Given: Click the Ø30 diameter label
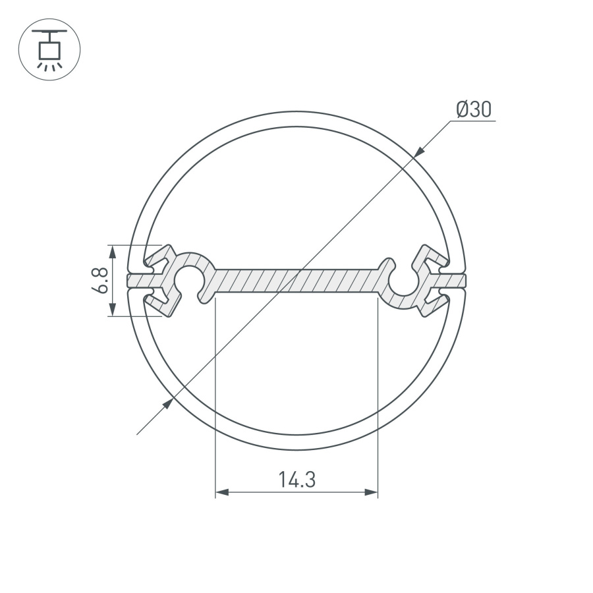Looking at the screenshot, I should point(474,109).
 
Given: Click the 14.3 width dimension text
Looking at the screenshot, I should point(296,480).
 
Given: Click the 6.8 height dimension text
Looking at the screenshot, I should point(101,281).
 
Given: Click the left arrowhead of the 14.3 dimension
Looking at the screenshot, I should point(222,492).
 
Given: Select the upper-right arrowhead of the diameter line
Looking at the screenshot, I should point(420,152).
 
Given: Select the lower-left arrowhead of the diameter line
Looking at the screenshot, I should point(168,403).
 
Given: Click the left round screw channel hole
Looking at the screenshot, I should point(189,279).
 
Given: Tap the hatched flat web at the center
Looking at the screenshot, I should point(296,280).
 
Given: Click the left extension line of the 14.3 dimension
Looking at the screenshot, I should point(216,395).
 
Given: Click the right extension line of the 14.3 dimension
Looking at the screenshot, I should point(378,395).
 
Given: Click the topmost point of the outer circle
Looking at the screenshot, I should point(296,112).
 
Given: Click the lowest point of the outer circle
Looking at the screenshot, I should point(296,449).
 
